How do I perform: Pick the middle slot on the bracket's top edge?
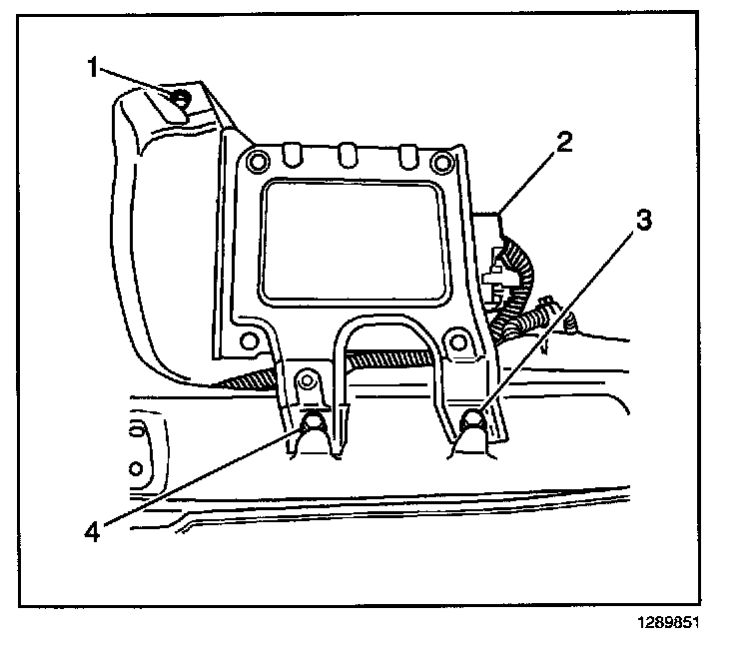pos(347,155)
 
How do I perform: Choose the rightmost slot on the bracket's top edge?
pos(407,155)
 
